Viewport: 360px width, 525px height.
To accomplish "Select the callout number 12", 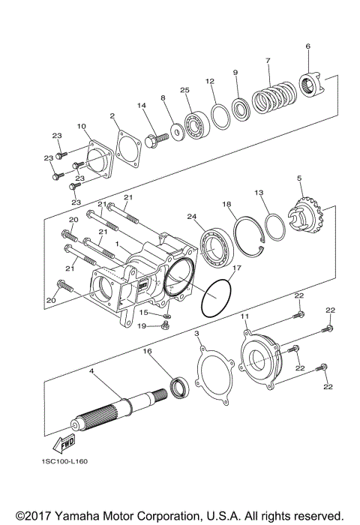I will (210, 81).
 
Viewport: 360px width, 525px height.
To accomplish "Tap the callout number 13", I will (259, 192).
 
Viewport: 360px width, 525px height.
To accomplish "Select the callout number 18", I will (226, 204).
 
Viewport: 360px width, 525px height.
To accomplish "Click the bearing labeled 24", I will (216, 246).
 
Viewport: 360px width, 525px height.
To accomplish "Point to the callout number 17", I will (236, 268).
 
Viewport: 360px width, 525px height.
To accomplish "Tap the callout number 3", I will (196, 332).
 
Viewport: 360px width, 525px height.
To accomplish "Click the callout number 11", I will (244, 317).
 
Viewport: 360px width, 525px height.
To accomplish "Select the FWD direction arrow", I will (66, 444).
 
